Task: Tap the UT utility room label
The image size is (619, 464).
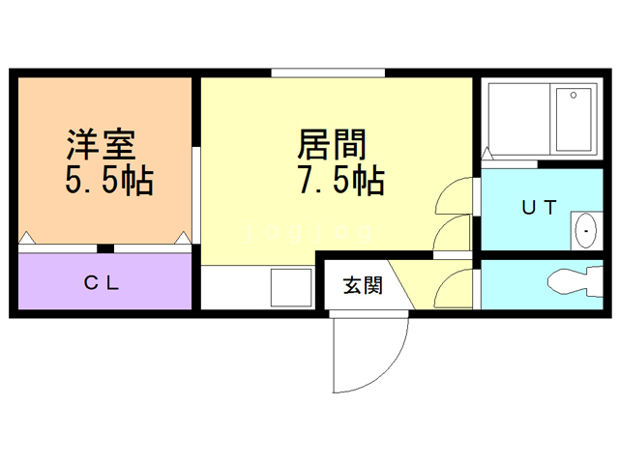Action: [539, 207]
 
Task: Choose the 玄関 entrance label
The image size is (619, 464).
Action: [363, 285]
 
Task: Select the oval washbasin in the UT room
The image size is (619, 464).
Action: [585, 231]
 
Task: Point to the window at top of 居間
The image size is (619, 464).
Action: [328, 72]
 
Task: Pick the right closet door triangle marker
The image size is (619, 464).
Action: [182, 237]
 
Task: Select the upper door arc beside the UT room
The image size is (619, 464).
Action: [452, 197]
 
